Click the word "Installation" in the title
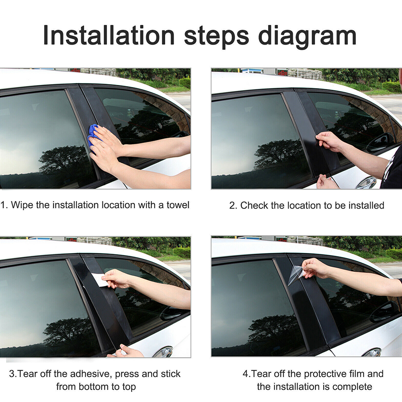pyautogui.click(x=109, y=35)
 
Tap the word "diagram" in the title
pyautogui.click(x=307, y=37)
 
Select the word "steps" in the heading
pyautogui.click(x=216, y=37)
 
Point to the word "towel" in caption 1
pyautogui.click(x=178, y=205)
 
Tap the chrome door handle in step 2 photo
pyautogui.click(x=367, y=183)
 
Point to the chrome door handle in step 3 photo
pyautogui.click(x=163, y=352)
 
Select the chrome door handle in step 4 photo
pyautogui.click(x=372, y=352)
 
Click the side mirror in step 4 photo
pyautogui.click(x=382, y=311)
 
